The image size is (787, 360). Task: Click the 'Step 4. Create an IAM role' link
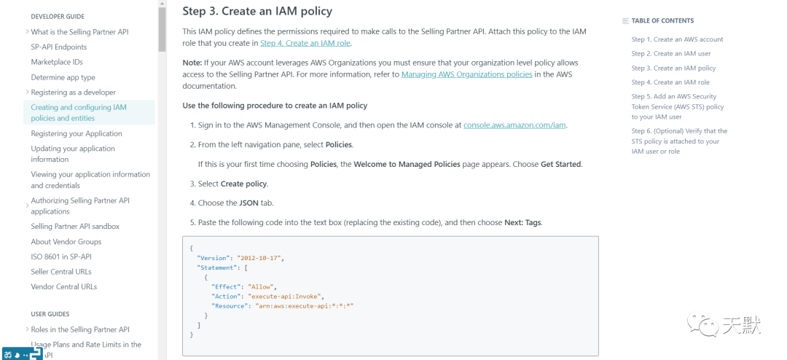[305, 43]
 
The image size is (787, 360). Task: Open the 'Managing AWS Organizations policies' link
[466, 74]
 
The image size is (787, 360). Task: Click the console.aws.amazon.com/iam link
[514, 125]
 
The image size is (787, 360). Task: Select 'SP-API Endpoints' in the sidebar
[59, 47]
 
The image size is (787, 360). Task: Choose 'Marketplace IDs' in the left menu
[57, 62]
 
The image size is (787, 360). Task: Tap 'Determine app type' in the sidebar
[63, 77]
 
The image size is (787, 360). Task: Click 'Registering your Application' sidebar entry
[77, 133]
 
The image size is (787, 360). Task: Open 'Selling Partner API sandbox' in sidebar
[75, 227]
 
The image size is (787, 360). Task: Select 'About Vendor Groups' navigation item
[66, 242]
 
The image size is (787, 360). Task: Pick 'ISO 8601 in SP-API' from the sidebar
[61, 257]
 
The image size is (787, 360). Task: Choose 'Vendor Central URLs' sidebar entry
[64, 286]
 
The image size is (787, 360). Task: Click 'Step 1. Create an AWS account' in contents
[677, 39]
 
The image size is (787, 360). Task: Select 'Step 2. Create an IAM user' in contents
[671, 54]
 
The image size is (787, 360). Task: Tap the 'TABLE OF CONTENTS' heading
[662, 20]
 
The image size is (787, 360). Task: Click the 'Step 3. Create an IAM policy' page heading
[257, 11]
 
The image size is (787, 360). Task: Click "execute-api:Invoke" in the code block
[286, 297]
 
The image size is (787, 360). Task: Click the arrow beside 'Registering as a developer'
[27, 92]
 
